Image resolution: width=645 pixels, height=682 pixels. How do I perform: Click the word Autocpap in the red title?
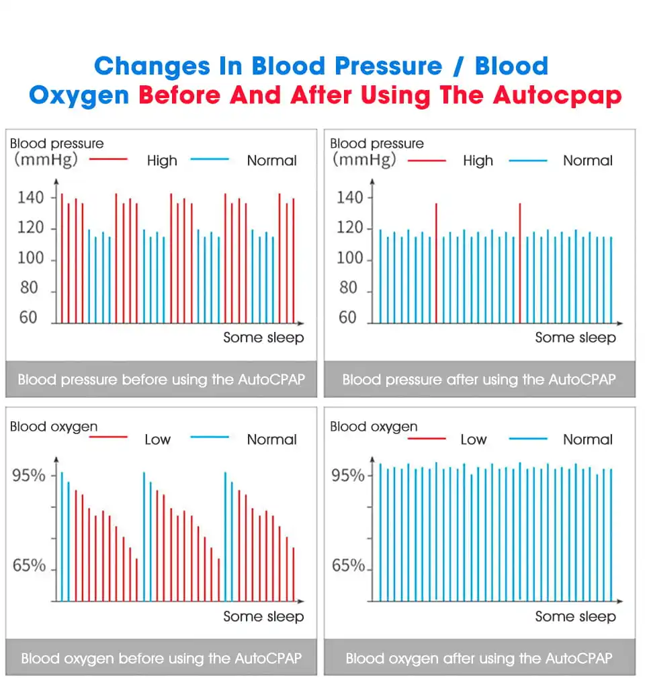pos(557,95)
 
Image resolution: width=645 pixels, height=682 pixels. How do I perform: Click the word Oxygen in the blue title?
pos(79,95)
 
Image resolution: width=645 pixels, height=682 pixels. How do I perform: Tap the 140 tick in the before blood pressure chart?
pos(31,198)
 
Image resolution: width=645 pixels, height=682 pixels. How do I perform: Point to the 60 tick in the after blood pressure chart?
pos(347,318)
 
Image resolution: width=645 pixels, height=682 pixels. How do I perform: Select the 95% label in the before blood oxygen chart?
pos(30,476)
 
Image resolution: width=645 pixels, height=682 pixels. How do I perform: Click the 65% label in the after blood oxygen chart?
pos(348,566)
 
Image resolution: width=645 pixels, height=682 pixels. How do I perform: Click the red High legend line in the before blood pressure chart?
pos(108,160)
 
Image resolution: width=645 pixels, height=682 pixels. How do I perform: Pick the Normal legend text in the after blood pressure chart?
pos(588,161)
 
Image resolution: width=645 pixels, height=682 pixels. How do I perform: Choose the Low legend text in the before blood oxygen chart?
pos(157,439)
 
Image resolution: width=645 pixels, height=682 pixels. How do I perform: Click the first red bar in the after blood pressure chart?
pos(436,262)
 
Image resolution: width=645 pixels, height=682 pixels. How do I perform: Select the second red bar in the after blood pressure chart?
pos(520,262)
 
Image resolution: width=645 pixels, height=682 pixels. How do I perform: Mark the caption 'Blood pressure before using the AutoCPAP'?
pos(161,380)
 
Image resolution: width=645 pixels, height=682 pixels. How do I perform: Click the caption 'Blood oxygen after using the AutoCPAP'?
pos(479,658)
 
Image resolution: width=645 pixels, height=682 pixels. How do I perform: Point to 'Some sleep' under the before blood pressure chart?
pos(263,338)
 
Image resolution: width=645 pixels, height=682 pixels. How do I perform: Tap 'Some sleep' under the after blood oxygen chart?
pos(575,617)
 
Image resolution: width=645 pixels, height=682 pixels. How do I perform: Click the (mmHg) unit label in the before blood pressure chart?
pos(46,160)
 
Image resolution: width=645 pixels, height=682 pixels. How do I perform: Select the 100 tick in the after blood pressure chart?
pos(349,259)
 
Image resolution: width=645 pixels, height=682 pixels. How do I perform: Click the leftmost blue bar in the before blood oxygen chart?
pos(62,536)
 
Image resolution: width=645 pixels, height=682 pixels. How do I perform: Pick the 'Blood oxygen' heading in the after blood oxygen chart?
pos(374,427)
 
